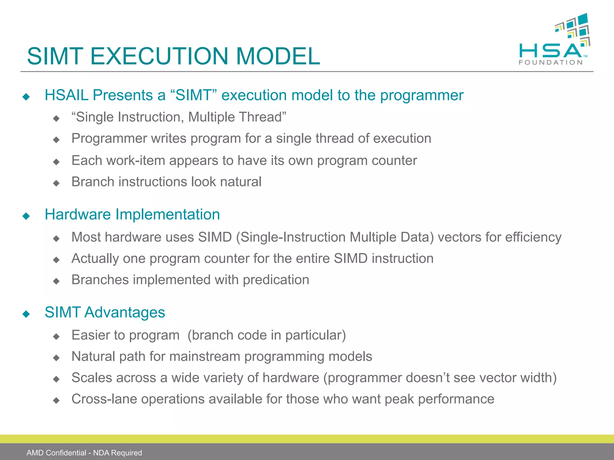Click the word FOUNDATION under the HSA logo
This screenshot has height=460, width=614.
point(550,62)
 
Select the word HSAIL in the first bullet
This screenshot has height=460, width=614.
point(67,95)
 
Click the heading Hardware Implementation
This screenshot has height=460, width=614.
point(132,214)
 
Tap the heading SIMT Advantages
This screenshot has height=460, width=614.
point(105,312)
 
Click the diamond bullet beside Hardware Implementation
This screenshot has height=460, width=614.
point(26,216)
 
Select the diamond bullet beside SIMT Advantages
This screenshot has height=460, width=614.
point(26,314)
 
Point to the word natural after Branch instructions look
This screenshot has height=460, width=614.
point(240,182)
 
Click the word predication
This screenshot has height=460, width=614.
point(276,280)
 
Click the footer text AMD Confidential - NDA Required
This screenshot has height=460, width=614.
point(84,453)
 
